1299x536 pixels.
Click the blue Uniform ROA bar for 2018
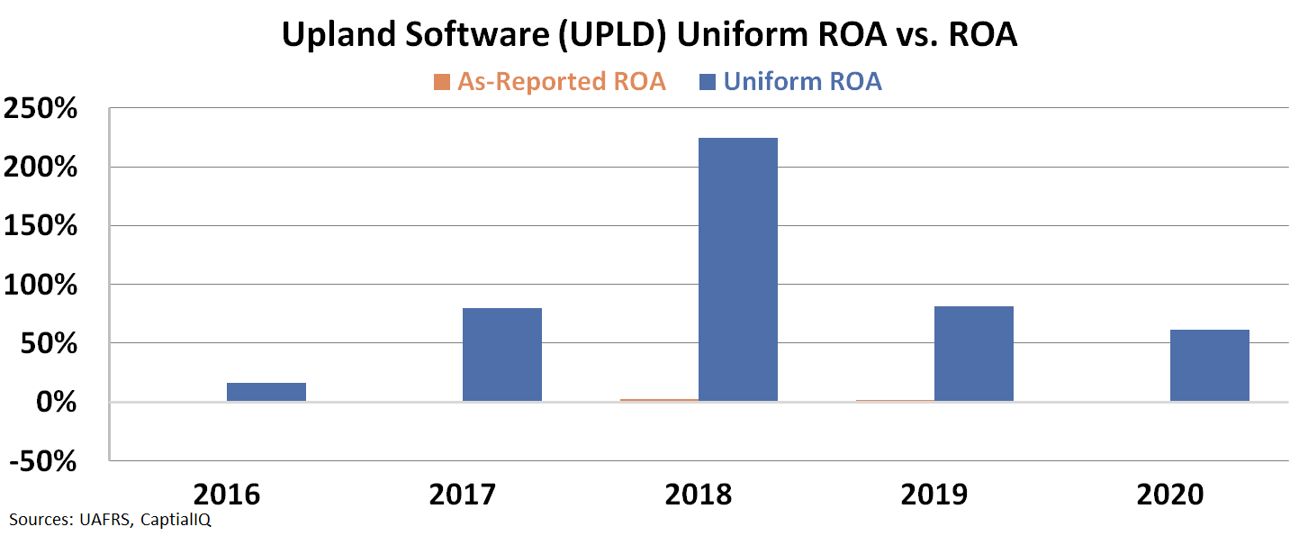(737, 269)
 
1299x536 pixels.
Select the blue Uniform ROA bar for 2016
(266, 392)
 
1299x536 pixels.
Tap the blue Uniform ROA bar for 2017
(502, 354)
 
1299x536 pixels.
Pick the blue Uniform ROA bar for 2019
(973, 353)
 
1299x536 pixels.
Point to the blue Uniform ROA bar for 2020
(1209, 365)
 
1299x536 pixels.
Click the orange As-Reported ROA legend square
(441, 82)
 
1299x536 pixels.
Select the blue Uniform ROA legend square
(707, 82)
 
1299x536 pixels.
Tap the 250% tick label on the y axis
(53, 109)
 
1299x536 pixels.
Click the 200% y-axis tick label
(53, 168)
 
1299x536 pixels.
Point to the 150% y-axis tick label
(53, 226)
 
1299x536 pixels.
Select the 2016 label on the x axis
(227, 495)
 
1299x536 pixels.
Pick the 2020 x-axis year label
(1169, 495)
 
